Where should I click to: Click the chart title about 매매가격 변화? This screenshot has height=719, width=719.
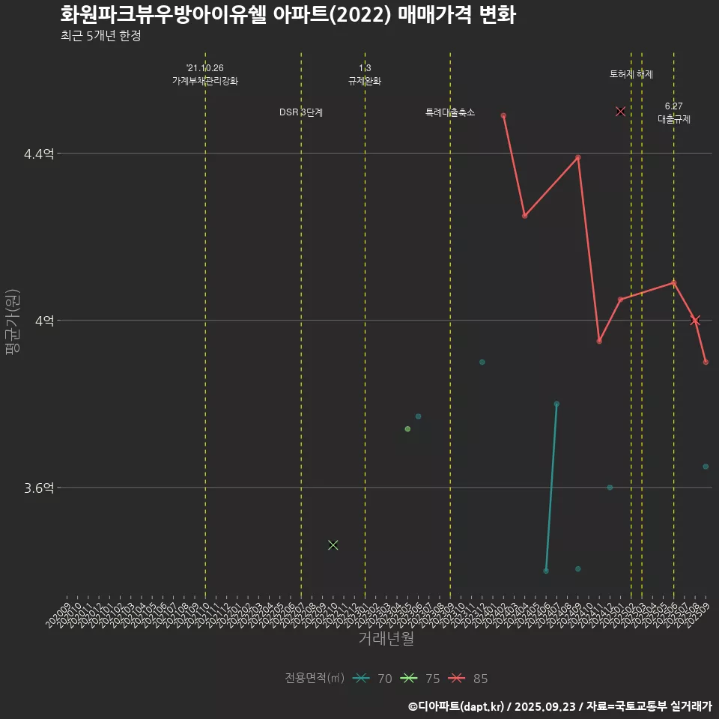pyautogui.click(x=288, y=15)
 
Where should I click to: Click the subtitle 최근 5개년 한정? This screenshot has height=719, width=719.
pyautogui.click(x=101, y=37)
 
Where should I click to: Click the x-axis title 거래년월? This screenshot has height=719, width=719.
pyautogui.click(x=386, y=639)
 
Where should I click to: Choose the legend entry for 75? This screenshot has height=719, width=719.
pyautogui.click(x=420, y=679)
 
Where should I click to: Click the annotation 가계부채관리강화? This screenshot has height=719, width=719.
pyautogui.click(x=204, y=81)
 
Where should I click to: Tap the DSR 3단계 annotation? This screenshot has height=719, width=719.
pyautogui.click(x=301, y=112)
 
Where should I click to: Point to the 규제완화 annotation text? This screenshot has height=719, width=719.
pyautogui.click(x=365, y=81)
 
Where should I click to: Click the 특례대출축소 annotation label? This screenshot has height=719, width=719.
pyautogui.click(x=450, y=112)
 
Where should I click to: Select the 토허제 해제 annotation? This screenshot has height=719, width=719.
pyautogui.click(x=631, y=74)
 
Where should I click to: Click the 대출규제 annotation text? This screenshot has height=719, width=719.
pyautogui.click(x=674, y=118)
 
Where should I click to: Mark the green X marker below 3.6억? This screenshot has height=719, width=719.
pyautogui.click(x=333, y=544)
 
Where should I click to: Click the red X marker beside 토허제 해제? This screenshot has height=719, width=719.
pyautogui.click(x=620, y=112)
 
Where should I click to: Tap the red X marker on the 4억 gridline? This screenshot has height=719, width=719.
pyautogui.click(x=695, y=321)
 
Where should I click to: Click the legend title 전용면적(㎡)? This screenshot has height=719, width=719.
pyautogui.click(x=315, y=679)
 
